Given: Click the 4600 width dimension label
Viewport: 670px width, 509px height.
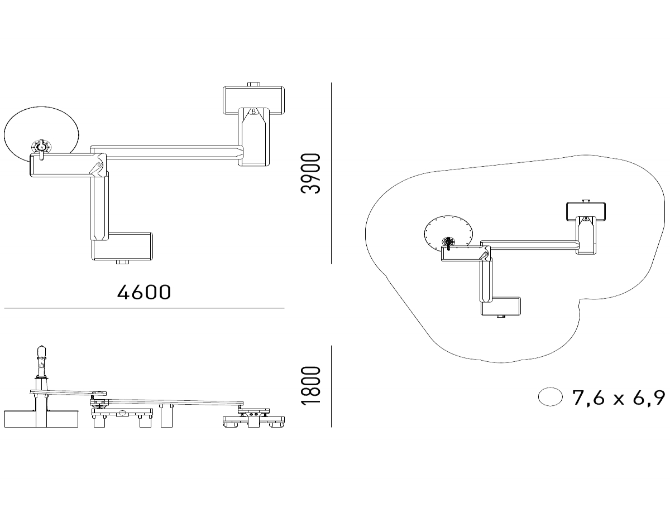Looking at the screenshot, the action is (x=143, y=292).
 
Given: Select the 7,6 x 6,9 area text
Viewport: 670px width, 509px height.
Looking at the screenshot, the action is (x=618, y=398).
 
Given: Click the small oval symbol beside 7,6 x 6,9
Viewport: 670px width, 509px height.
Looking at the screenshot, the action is (x=550, y=397).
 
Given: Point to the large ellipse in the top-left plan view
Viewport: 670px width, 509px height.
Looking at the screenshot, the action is (x=41, y=135).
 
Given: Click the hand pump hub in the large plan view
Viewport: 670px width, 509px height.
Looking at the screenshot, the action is (x=41, y=148).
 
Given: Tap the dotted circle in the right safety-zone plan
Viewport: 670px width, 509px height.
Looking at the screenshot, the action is (x=448, y=234).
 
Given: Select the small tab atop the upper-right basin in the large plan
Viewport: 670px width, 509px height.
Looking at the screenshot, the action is (x=253, y=84).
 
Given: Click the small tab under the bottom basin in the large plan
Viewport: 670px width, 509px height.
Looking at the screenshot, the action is (x=122, y=262).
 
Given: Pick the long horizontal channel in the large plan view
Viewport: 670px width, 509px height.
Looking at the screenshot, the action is (x=167, y=152).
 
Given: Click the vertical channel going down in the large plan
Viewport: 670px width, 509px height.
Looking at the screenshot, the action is (x=99, y=206).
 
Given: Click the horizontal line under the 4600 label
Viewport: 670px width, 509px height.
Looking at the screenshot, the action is (x=144, y=308).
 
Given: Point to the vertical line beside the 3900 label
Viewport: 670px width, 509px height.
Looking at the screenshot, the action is (x=331, y=173).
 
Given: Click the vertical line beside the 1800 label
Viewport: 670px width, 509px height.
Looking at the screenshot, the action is (x=331, y=386).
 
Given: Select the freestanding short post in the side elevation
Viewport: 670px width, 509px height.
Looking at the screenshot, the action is (x=166, y=415).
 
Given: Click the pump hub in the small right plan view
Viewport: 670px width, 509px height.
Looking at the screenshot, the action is (x=448, y=242).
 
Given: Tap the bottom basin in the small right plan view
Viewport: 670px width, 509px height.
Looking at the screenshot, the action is (x=501, y=306).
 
